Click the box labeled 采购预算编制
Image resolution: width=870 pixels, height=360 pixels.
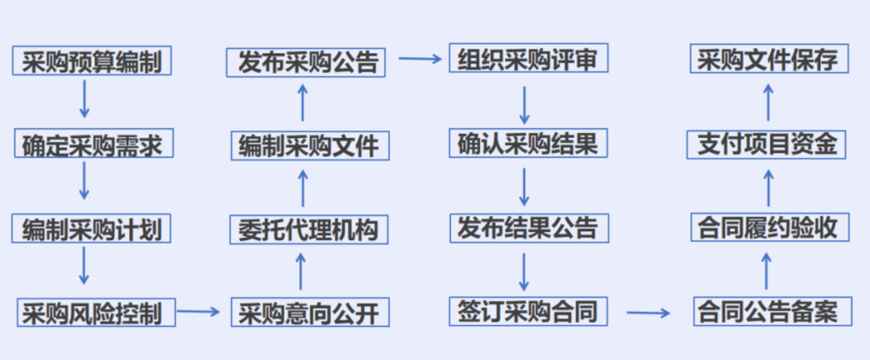coord(93,61)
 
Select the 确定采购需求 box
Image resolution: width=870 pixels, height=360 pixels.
coord(93,145)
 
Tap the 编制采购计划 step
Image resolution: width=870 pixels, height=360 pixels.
coord(93,229)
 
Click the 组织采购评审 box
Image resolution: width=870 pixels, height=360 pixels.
coord(528,60)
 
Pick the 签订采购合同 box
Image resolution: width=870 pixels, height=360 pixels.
coord(528,311)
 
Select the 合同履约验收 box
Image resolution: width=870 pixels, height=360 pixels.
coord(768,228)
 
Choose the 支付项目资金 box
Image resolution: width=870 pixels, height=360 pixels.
coord(768,145)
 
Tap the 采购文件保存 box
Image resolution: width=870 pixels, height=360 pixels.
coord(768,61)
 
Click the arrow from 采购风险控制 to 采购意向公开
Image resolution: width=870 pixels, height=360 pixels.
coord(198,311)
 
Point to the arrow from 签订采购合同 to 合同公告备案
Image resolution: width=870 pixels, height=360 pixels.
coord(649,312)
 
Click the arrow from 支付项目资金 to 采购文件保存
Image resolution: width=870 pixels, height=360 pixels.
coord(768,102)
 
